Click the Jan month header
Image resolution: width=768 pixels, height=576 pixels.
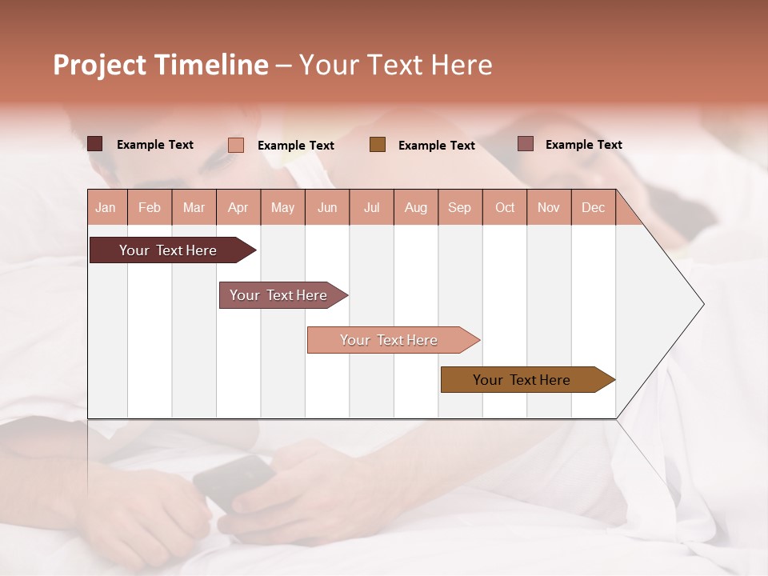(x=106, y=207)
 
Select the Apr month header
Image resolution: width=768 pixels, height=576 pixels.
(x=238, y=207)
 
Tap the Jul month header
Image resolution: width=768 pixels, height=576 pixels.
(x=371, y=207)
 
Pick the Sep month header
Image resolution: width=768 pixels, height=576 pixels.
(x=459, y=207)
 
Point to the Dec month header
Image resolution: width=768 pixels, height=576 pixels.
(x=593, y=207)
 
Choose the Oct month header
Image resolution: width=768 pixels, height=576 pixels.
(x=504, y=207)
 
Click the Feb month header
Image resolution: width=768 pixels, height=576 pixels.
(x=150, y=207)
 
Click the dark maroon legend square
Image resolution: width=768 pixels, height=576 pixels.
(x=94, y=144)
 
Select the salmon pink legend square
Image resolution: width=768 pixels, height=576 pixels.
(x=236, y=145)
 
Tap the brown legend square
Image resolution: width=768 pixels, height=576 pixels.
(x=378, y=144)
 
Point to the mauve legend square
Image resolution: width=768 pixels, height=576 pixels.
(x=526, y=144)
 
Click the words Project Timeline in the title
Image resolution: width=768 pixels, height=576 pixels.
(x=161, y=65)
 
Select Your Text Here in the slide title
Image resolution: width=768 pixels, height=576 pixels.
(x=395, y=65)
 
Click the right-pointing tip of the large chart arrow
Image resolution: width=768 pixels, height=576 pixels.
(x=702, y=304)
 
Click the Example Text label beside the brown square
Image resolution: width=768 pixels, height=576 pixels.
(x=436, y=146)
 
